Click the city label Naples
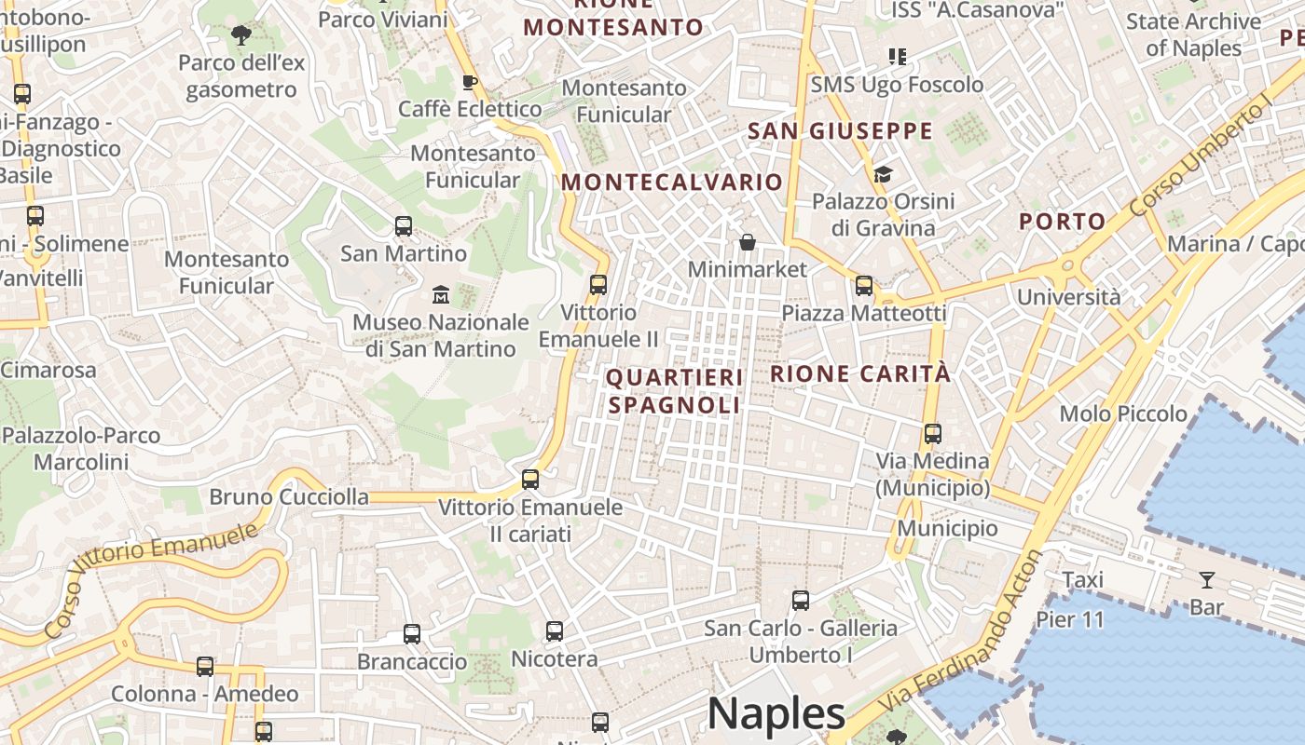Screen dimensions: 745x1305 [776, 714]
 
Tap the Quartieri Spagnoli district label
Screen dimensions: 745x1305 [675, 391]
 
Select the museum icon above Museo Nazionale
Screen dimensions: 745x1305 [441, 295]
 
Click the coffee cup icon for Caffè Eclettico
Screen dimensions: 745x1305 [470, 82]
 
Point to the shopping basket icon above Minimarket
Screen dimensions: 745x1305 [748, 243]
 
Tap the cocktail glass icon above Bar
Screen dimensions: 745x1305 [1207, 580]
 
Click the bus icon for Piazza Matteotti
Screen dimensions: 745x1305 [864, 286]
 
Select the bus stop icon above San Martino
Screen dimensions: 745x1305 [404, 226]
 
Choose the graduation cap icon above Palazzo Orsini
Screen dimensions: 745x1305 [883, 174]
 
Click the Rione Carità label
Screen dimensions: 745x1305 [860, 374]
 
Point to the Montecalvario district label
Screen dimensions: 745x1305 [671, 182]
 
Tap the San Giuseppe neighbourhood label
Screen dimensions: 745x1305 [840, 131]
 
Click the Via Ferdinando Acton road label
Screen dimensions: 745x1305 [964, 643]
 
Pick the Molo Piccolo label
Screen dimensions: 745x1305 [1123, 413]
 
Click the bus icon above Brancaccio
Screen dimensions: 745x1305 [412, 634]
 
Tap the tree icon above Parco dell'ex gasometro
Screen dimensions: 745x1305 [241, 36]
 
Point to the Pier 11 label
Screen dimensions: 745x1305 [1069, 619]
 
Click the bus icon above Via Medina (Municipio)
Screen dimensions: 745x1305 [933, 434]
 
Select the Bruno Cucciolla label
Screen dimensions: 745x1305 [289, 496]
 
